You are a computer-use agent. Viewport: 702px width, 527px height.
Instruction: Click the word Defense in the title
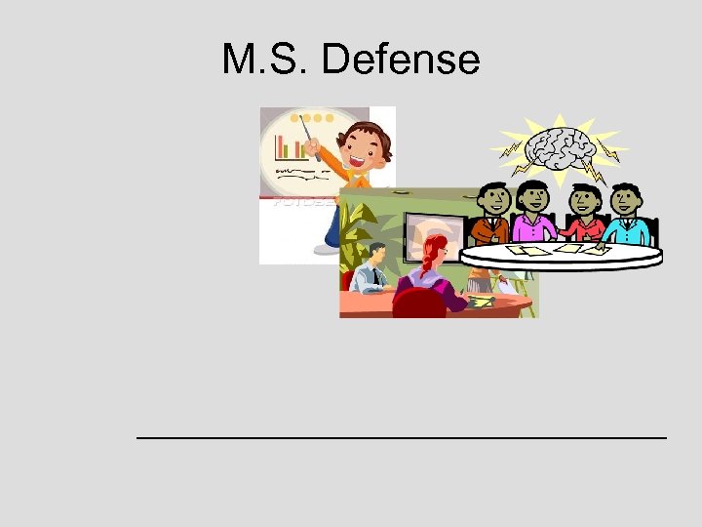[x=400, y=61]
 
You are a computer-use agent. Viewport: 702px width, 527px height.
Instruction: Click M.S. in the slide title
[x=265, y=61]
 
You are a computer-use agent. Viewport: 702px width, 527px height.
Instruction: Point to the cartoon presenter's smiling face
[x=366, y=148]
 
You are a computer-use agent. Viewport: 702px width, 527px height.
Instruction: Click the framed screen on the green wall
[x=429, y=234]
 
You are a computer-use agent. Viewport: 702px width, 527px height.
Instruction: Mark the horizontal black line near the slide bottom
[x=402, y=438]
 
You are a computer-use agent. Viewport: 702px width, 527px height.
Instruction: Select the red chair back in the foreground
[x=418, y=304]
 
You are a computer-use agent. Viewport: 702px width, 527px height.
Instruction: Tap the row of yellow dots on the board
[x=316, y=118]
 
